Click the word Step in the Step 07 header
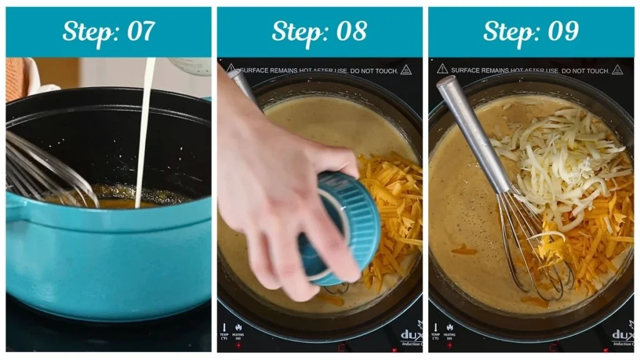(x=87, y=31)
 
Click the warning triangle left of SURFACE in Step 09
(x=442, y=69)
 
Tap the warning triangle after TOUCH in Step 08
(x=406, y=69)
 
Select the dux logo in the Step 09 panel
(x=622, y=334)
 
